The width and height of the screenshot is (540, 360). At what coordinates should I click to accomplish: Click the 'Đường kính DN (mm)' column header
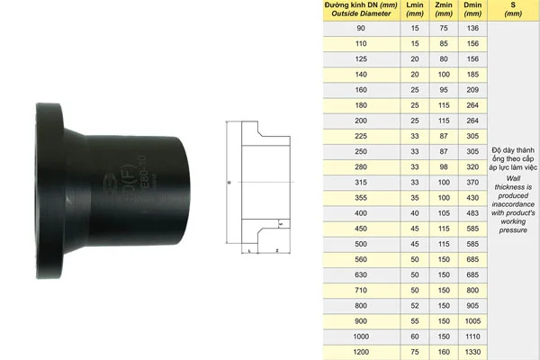361,10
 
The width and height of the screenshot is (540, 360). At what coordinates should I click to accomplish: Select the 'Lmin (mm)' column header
414,10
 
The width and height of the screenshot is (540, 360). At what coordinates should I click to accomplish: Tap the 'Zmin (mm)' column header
443,10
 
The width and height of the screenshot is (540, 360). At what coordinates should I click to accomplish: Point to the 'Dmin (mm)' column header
471,10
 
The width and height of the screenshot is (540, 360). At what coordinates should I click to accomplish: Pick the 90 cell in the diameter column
361,30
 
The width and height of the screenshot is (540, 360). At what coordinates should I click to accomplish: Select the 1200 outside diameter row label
361,352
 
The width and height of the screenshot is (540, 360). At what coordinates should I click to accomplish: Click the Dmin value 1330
471,352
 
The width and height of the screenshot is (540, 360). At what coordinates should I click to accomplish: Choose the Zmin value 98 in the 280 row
443,168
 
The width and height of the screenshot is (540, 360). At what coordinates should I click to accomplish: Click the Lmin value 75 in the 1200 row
414,352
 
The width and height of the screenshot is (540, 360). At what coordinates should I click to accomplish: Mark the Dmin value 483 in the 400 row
471,214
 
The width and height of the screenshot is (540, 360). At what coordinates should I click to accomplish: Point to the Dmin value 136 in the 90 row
471,30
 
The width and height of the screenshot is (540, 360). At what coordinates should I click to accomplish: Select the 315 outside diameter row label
361,184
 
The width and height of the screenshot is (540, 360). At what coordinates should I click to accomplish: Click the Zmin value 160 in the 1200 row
443,352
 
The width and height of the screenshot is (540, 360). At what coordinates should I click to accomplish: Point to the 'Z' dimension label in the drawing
277,250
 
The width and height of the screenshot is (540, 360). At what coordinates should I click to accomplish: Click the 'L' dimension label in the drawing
247,253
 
